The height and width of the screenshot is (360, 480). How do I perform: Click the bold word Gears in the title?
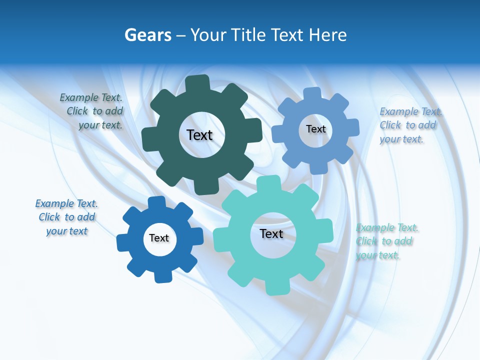tap(147, 35)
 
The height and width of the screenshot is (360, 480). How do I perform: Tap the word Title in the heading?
tap(250, 35)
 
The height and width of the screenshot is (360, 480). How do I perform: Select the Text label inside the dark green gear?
tap(199, 135)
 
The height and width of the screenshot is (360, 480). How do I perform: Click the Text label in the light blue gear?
tap(315, 129)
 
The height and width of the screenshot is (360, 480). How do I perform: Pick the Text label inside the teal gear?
tap(271, 233)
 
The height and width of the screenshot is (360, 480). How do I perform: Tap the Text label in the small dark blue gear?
tap(159, 238)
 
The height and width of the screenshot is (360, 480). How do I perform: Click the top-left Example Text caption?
tap(91, 111)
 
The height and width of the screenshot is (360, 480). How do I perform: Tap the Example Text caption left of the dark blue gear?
tap(66, 217)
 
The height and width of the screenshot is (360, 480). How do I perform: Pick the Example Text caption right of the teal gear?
tap(387, 241)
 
